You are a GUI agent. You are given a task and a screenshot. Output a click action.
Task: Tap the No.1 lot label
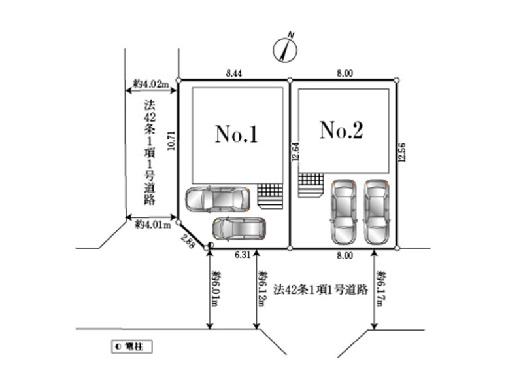[x=237, y=135]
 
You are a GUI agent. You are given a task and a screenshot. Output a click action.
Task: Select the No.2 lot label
[x=341, y=131]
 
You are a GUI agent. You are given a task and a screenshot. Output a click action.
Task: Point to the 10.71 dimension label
[x=171, y=139]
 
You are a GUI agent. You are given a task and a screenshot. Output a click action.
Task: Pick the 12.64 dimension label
[x=296, y=152]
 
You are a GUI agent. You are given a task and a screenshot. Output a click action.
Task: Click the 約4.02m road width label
[x=150, y=83]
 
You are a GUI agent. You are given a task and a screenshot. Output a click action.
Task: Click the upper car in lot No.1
[x=217, y=198]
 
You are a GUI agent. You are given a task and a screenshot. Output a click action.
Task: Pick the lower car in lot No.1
[x=239, y=229]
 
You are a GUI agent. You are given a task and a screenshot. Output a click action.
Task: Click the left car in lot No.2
[x=343, y=210]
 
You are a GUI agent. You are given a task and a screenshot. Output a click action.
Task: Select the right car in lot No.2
[x=376, y=210]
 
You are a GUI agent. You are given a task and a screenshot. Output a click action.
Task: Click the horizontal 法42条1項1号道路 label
[x=321, y=289]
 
